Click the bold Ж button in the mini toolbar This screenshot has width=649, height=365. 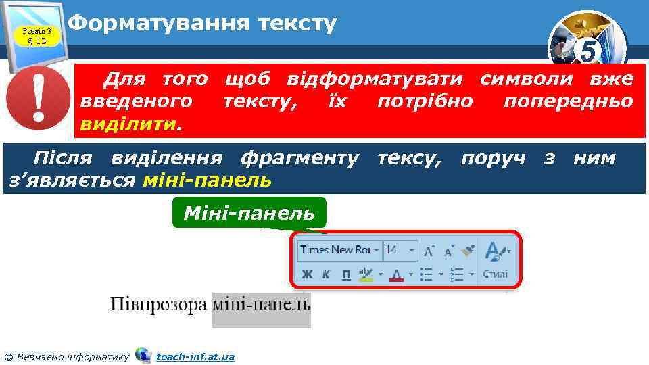click(x=308, y=274)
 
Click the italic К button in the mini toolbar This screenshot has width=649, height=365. click(x=327, y=274)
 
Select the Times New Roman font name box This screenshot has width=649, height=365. click(x=336, y=250)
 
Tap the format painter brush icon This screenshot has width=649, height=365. click(x=468, y=251)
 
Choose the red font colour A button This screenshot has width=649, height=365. click(x=396, y=274)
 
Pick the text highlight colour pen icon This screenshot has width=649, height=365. click(x=366, y=274)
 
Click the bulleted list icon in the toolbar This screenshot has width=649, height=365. click(x=427, y=274)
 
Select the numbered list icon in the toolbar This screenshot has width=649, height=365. click(x=458, y=274)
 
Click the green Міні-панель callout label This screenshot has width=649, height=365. click(x=249, y=214)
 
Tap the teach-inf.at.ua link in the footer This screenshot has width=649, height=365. click(x=195, y=356)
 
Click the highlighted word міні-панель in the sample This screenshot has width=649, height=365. click(x=261, y=305)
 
